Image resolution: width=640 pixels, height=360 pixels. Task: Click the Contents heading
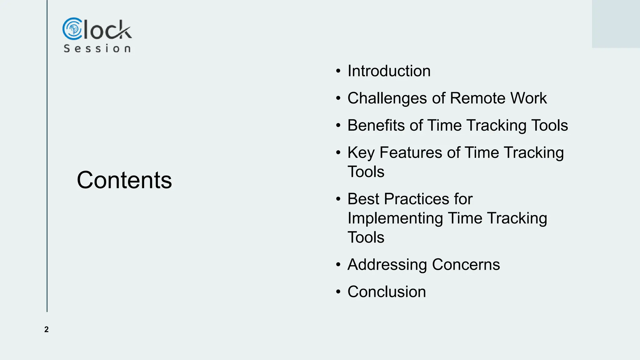point(124,180)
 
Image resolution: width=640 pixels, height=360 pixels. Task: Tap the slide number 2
point(47,329)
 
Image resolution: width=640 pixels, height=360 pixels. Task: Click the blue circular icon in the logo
point(72,29)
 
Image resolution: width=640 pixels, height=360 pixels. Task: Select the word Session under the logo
point(97,48)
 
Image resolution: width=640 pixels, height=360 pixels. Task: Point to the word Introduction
point(389,71)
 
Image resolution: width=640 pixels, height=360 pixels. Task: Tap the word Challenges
point(387,98)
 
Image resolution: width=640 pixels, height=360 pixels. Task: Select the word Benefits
point(376,125)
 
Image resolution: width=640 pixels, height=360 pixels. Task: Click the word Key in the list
point(361,153)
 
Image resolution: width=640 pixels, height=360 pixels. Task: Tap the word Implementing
point(395,218)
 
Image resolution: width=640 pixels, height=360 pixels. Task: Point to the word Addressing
point(387,265)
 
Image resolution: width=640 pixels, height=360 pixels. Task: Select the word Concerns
point(466,265)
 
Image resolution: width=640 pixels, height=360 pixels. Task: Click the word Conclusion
point(387,292)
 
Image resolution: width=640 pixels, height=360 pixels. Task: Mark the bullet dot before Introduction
point(338,71)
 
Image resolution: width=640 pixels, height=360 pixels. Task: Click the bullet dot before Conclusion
point(338,292)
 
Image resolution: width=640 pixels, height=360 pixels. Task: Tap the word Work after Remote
point(528,98)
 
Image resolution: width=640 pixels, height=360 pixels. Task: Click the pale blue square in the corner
point(616,24)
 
